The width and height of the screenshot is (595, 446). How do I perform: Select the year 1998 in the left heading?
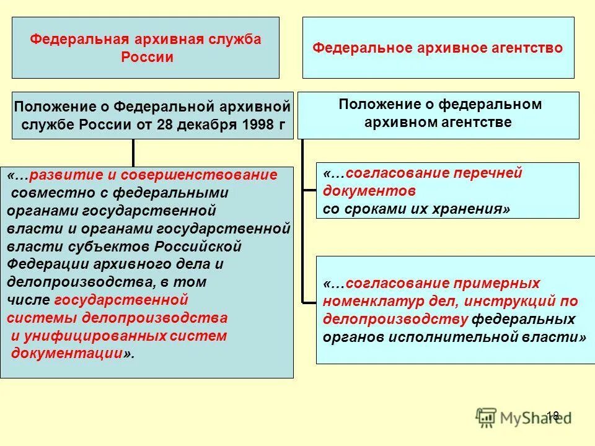point(260,124)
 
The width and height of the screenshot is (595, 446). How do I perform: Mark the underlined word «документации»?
point(67,354)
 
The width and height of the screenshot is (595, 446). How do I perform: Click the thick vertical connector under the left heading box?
point(133,152)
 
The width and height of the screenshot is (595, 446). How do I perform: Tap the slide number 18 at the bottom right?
point(553,416)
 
